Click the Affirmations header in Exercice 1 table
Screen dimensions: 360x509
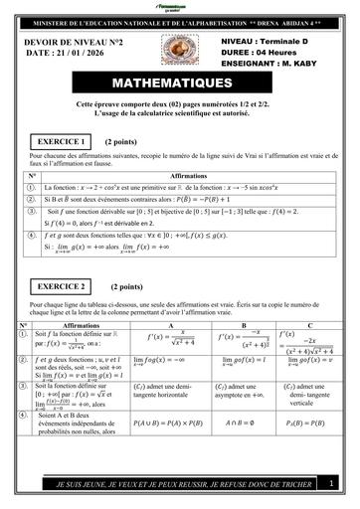pos(189,175)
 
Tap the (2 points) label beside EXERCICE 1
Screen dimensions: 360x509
pos(120,142)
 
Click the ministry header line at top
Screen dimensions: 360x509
pos(180,20)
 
